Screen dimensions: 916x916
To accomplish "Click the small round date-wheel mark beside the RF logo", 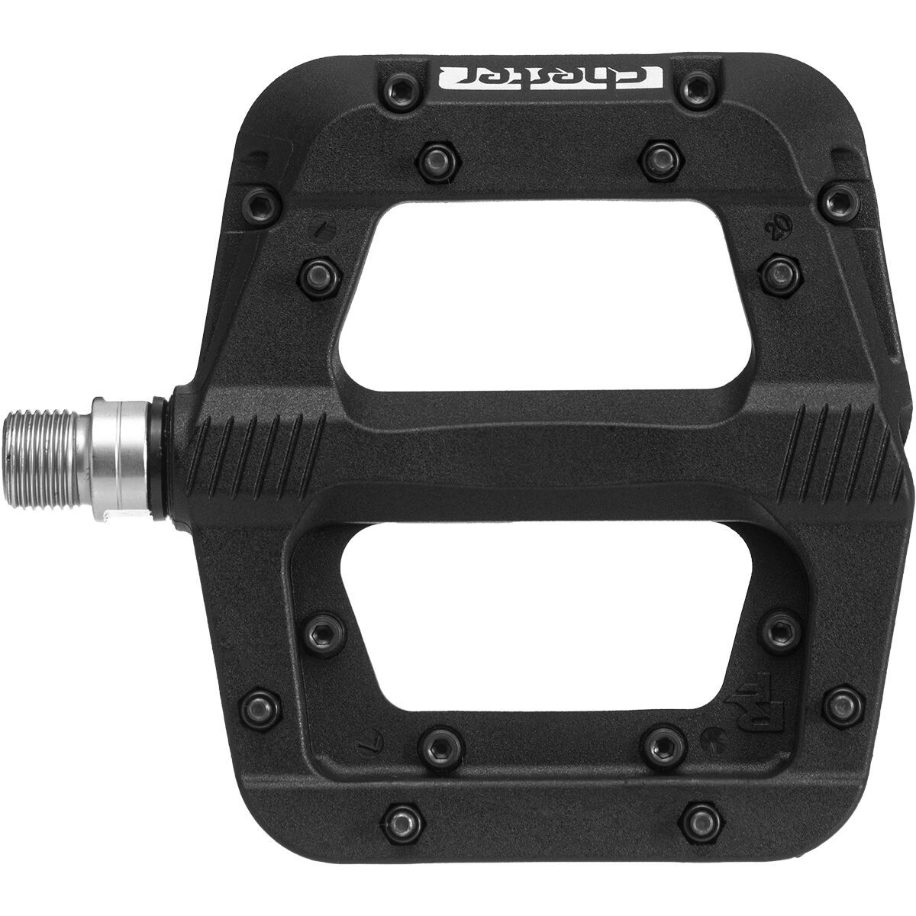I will click(x=708, y=739).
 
